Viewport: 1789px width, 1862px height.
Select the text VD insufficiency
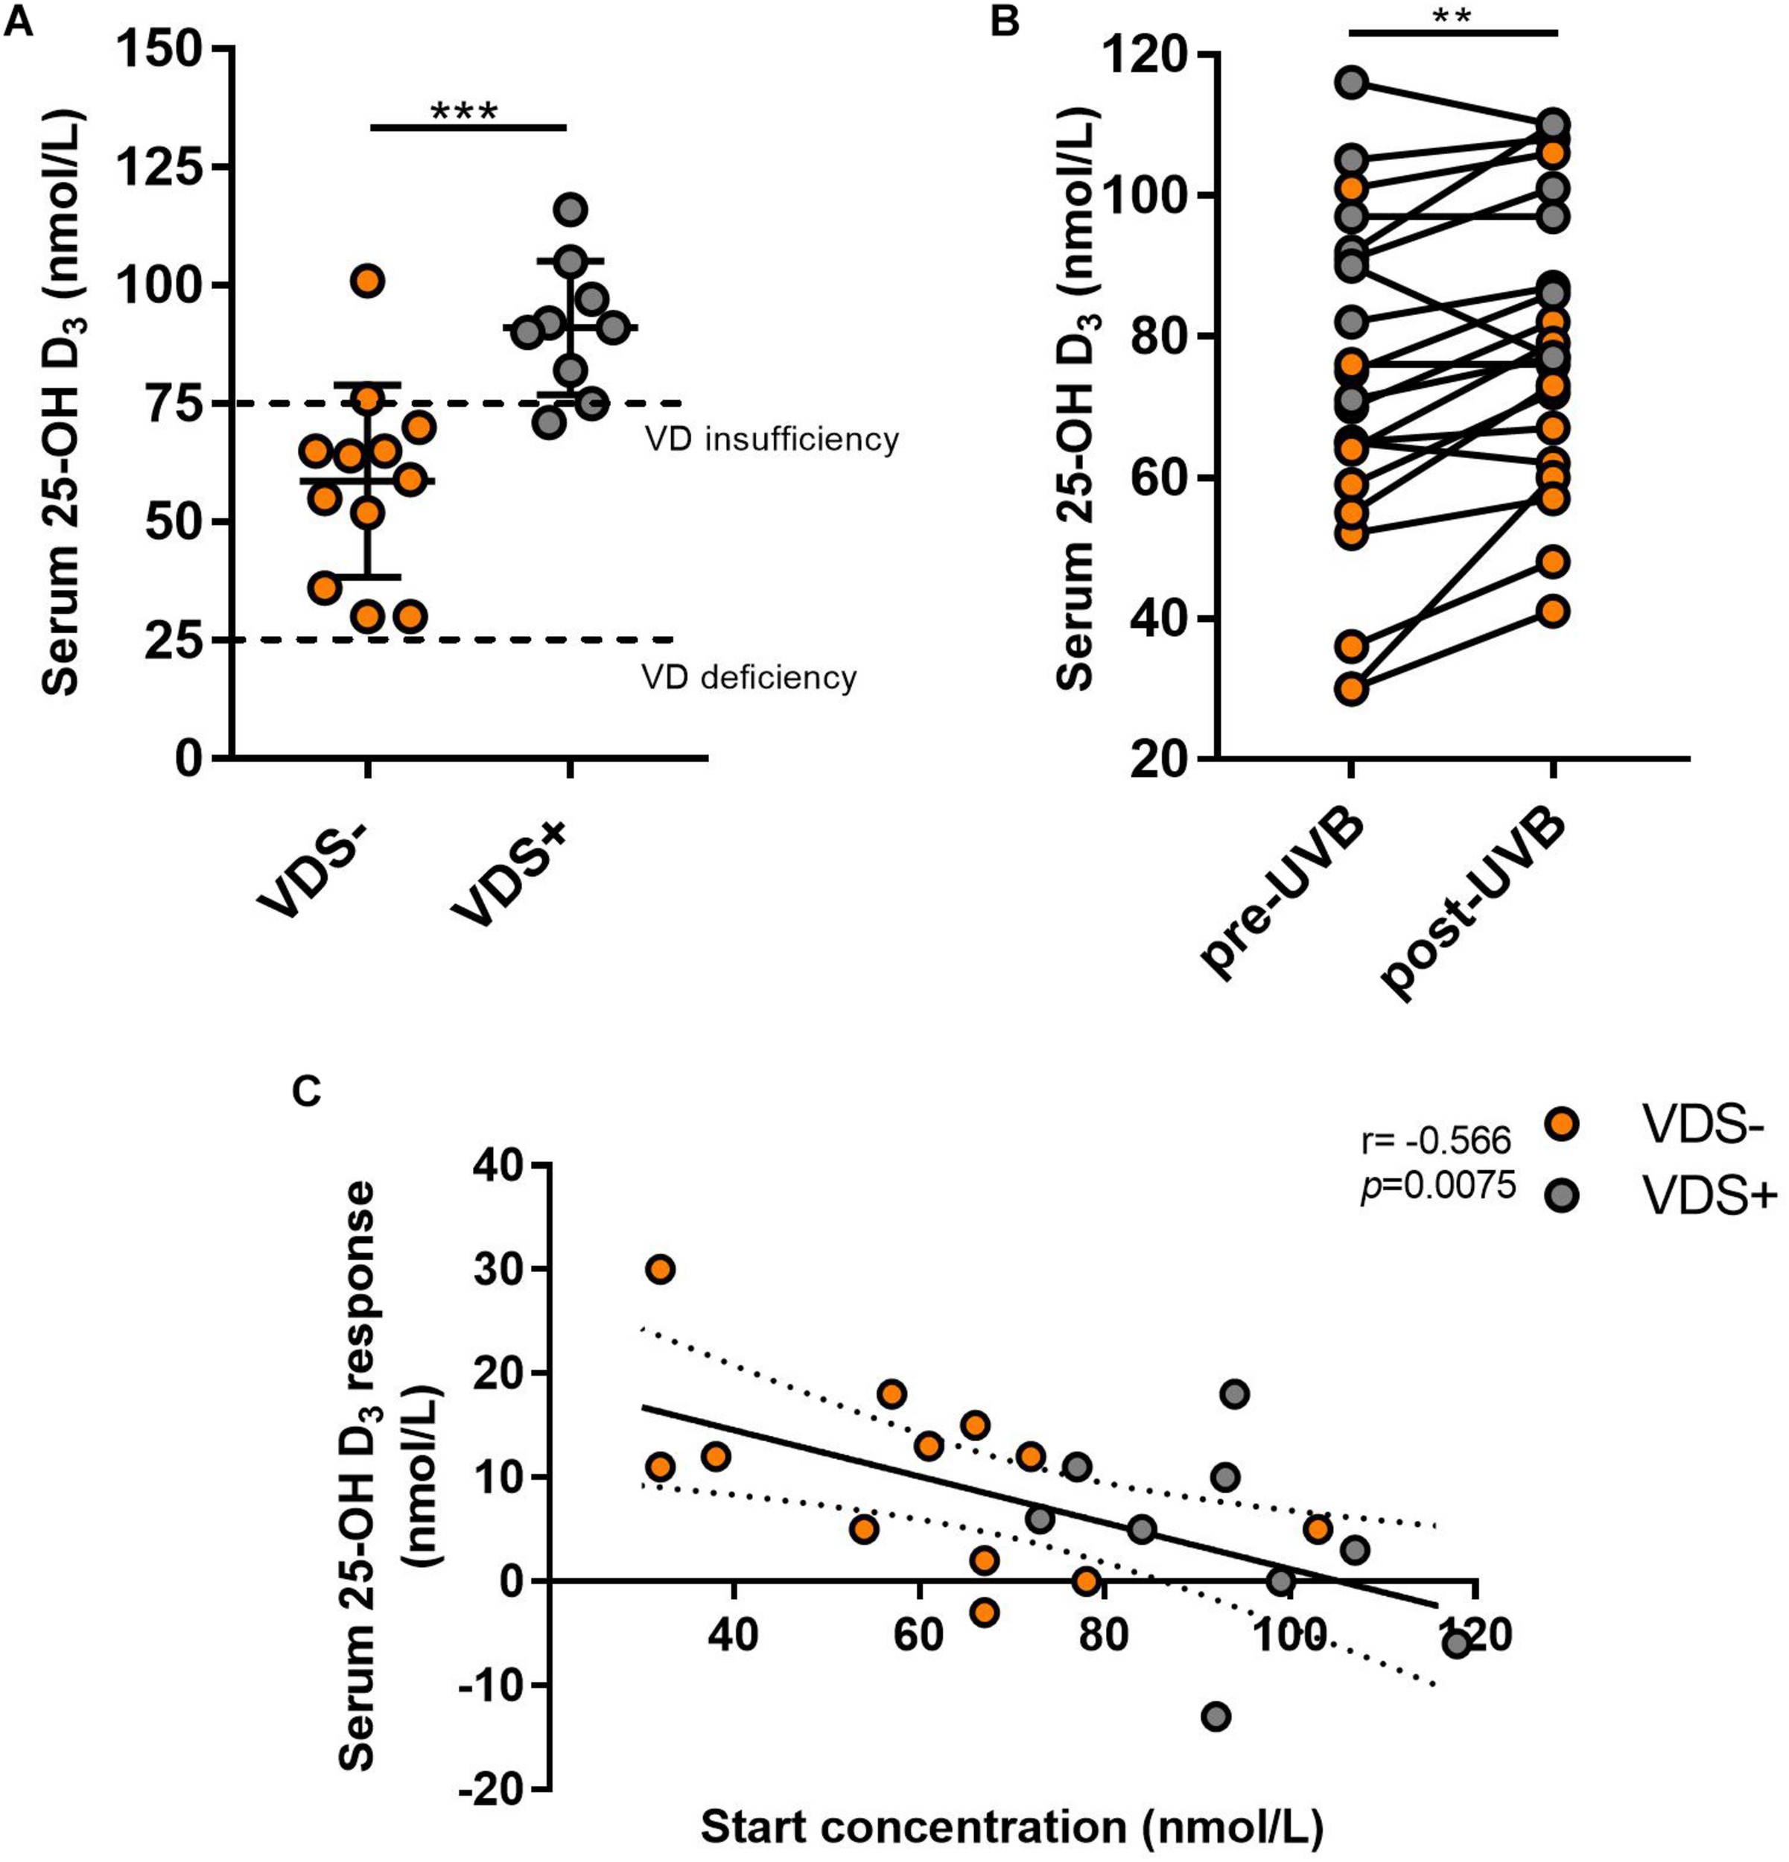click(x=772, y=440)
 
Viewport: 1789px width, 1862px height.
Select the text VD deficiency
click(x=749, y=677)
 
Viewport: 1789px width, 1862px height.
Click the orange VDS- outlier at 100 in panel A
click(x=369, y=280)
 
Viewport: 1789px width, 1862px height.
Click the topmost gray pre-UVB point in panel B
click(x=1352, y=83)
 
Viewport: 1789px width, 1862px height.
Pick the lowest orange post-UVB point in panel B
click(x=1554, y=611)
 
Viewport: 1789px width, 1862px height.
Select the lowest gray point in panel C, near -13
click(x=1216, y=1716)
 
